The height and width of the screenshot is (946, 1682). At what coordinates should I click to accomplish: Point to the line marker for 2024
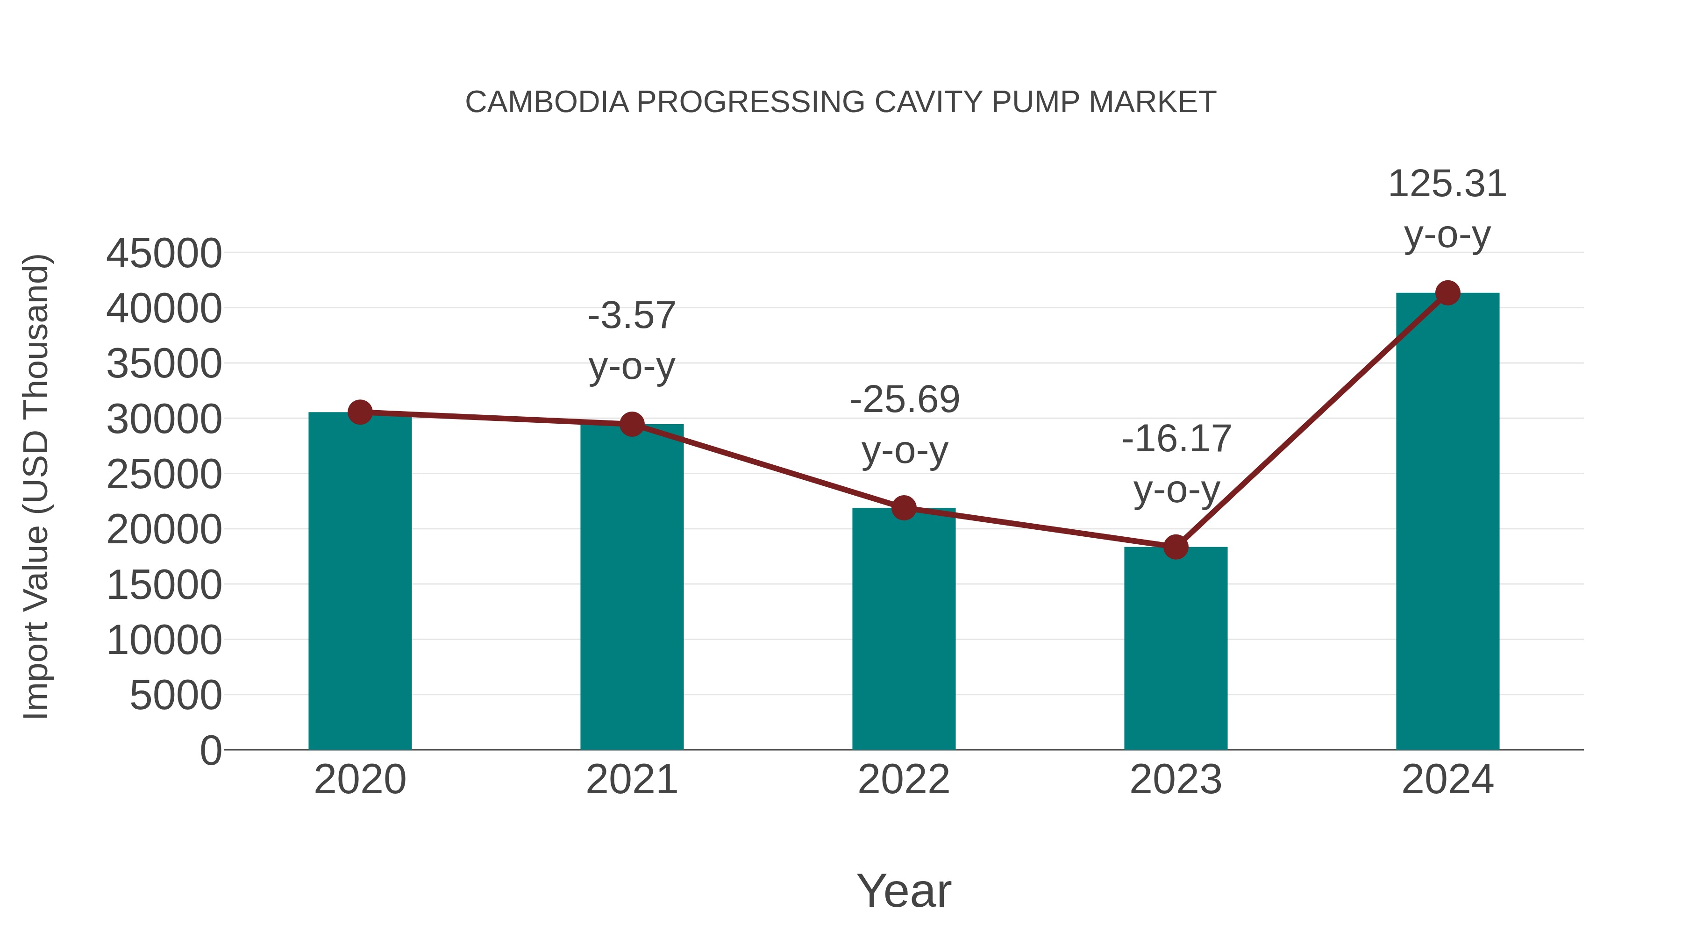[1447, 293]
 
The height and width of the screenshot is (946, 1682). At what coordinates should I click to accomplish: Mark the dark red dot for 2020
[360, 412]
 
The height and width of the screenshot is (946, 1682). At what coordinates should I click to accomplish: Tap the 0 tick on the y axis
[211, 750]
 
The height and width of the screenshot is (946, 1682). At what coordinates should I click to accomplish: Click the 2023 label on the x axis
[1176, 780]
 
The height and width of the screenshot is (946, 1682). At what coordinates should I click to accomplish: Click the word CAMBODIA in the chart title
[547, 102]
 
